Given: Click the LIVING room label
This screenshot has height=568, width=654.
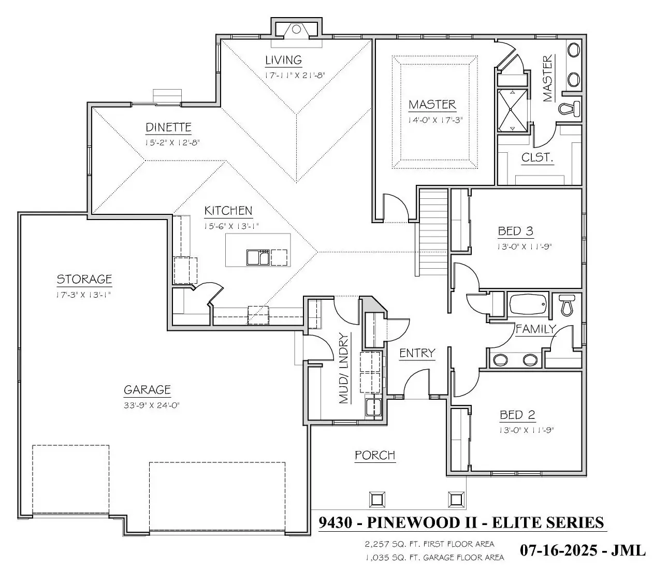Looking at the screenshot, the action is coord(283,60).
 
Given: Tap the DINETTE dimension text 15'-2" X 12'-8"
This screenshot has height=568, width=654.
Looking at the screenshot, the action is coord(172,142).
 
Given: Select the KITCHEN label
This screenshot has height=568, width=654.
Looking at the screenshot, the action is coord(228,211).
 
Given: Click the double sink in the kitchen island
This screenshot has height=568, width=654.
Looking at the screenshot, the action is coord(258,257).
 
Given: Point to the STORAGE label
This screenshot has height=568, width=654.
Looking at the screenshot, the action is coord(84,279).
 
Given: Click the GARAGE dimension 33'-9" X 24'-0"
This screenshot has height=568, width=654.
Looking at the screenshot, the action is coord(152,405).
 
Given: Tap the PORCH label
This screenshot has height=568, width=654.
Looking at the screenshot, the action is coord(375,455).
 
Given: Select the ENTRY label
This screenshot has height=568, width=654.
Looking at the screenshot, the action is coord(417,353).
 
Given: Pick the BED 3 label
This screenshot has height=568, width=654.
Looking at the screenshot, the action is coord(516,231).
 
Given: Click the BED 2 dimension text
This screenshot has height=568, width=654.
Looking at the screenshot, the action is coord(526,430).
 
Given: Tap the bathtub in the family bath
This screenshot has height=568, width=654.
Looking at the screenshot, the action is coord(528,304).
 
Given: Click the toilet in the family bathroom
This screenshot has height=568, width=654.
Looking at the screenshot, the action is coord(566,304).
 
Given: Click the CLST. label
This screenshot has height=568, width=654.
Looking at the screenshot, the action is coord(537,157).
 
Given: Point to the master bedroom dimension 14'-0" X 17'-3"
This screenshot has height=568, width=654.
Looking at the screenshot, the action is coord(435,120).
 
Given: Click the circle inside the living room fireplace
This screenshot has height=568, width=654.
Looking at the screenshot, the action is coord(296,30).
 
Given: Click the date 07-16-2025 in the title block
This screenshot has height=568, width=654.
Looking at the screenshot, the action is coord(558,550).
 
